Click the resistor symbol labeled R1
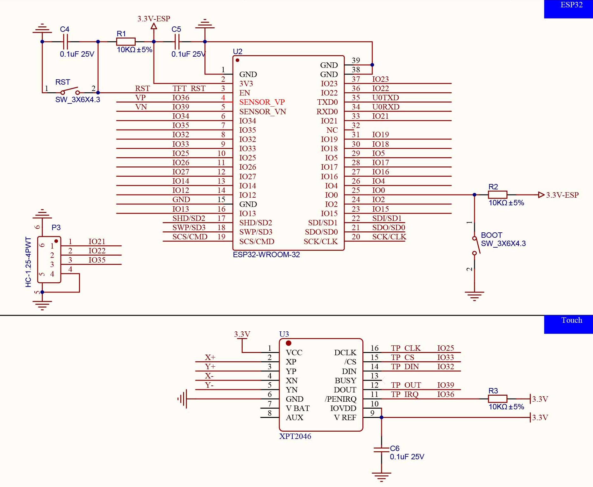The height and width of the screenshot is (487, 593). (x=126, y=42)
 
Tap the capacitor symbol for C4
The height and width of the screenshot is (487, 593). (x=65, y=42)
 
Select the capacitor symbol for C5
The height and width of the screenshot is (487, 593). (x=177, y=42)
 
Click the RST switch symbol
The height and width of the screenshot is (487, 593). (x=70, y=91)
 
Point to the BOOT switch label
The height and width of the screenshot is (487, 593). (x=491, y=235)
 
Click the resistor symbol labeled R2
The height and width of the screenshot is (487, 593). (x=497, y=195)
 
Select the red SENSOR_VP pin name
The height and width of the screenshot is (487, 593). (x=262, y=102)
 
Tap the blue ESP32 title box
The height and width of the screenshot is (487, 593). (x=568, y=9)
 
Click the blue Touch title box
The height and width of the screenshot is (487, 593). (x=568, y=324)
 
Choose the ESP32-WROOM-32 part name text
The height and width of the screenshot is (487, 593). (x=266, y=255)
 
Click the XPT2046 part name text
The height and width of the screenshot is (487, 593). (x=295, y=436)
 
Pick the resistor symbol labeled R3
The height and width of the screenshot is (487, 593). (x=497, y=399)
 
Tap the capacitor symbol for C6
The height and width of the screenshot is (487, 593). (x=381, y=449)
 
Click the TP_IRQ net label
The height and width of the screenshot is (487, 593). (x=404, y=394)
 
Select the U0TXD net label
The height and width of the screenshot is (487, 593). (x=385, y=98)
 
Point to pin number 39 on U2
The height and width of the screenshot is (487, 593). (x=356, y=60)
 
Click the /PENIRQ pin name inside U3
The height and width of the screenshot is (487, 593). (x=340, y=399)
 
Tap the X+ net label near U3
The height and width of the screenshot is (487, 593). (x=210, y=357)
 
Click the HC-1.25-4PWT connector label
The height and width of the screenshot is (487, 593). (x=28, y=262)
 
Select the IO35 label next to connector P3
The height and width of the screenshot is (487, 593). (x=97, y=260)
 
